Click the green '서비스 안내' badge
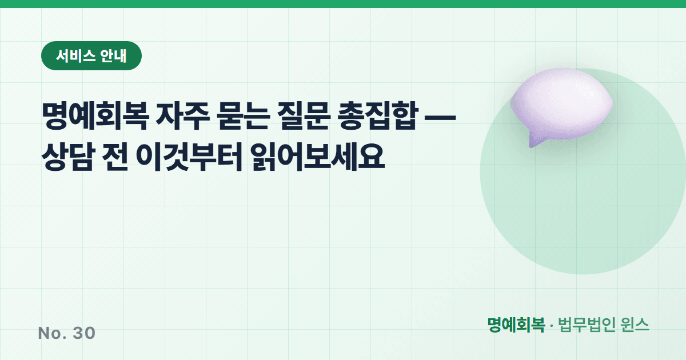coord(91,56)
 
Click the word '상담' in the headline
coord(68,156)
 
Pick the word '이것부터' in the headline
coord(189,156)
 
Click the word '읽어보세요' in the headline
coord(318,156)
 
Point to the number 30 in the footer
coord(84,333)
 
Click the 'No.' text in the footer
coord(52,333)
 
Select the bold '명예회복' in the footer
coord(516,325)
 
